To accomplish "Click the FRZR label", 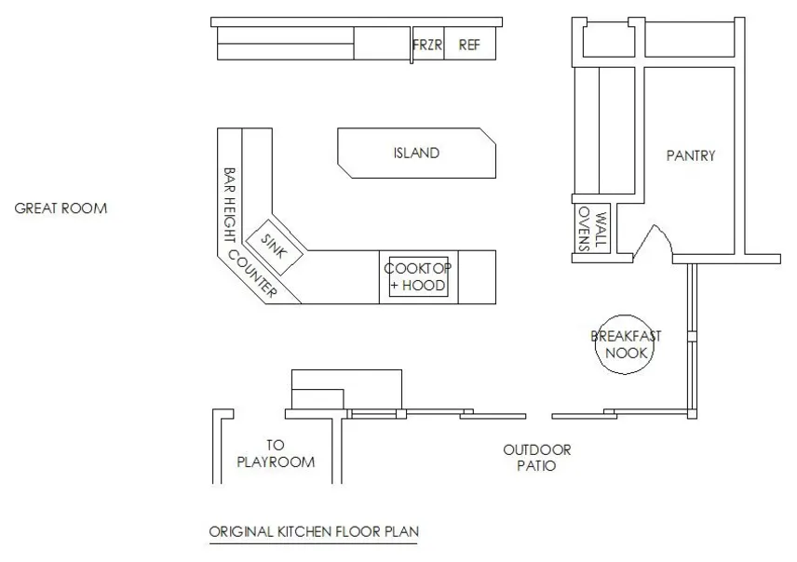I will pos(427,44).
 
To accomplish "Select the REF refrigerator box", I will pos(469,44).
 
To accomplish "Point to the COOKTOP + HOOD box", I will pos(417,276).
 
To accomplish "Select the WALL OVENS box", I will pos(592,229).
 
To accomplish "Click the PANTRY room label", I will pos(691,155).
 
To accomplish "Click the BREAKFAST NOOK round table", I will pos(626,345).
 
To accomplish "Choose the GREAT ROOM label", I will pos(61,208).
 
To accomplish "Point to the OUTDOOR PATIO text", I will pos(537,458).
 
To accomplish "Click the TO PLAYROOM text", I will pos(277,453).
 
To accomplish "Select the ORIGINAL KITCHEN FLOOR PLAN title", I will pos(314,532).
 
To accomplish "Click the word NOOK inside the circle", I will pos(626,354).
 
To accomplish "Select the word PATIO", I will pos(536,466).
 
